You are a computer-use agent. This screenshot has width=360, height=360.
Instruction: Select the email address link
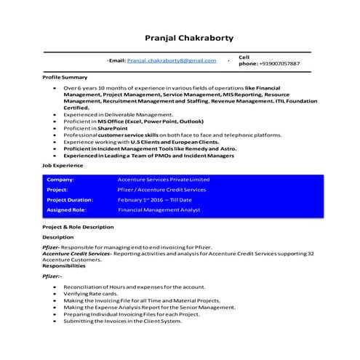click(172, 61)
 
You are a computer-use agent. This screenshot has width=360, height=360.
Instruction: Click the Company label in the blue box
click(61, 179)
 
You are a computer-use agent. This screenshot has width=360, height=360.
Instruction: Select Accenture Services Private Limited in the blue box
click(163, 179)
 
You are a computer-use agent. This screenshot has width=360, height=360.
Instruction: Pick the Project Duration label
click(70, 199)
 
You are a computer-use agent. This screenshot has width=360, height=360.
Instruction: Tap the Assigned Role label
click(66, 209)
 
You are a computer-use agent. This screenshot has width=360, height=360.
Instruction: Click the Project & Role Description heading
click(79, 228)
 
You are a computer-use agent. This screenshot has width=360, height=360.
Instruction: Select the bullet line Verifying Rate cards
click(89, 294)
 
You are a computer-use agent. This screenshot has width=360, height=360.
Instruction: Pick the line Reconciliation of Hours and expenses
click(125, 287)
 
